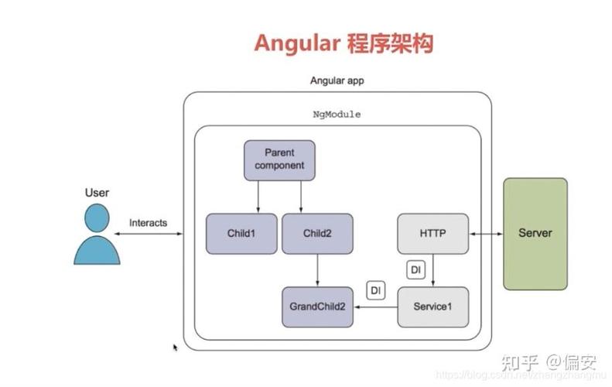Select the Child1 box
point(241,233)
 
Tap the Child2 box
point(317,233)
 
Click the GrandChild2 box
point(317,307)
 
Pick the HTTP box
point(433,233)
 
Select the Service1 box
point(433,307)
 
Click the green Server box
point(535,233)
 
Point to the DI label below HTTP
point(415,270)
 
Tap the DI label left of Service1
point(375,290)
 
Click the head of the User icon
point(97,218)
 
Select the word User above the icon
point(97,192)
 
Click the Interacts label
point(148,223)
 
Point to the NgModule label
point(337,114)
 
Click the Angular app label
point(337,80)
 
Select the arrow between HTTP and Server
point(485,233)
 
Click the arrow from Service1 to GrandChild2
point(374,307)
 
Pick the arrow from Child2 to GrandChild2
point(317,270)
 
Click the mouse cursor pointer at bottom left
point(175,348)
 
